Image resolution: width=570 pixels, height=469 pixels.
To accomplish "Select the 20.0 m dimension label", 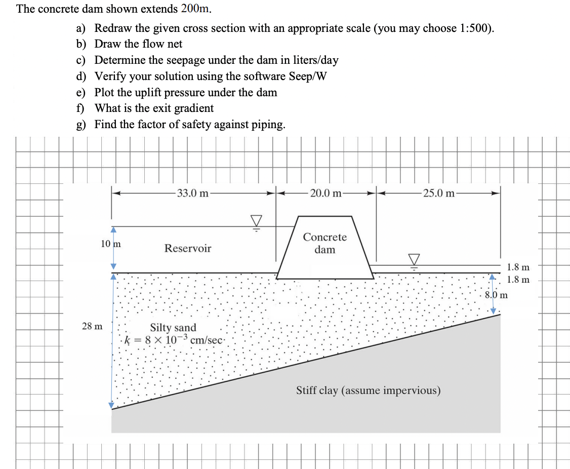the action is [325, 193].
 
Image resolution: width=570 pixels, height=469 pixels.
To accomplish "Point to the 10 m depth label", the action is [111, 244].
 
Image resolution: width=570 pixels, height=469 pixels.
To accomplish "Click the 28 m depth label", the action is [92, 326].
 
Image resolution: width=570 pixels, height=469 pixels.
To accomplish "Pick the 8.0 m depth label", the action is [496, 295].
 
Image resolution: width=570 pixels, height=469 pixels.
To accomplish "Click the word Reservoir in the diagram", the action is [187, 248].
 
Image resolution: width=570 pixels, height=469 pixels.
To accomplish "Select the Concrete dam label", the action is [325, 243].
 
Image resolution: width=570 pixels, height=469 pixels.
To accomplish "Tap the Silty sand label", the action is [173, 328].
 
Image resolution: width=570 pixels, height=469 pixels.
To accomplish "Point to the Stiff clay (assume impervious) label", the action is [368, 390].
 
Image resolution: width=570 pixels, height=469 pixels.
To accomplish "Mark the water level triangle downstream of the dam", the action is [415, 259].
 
